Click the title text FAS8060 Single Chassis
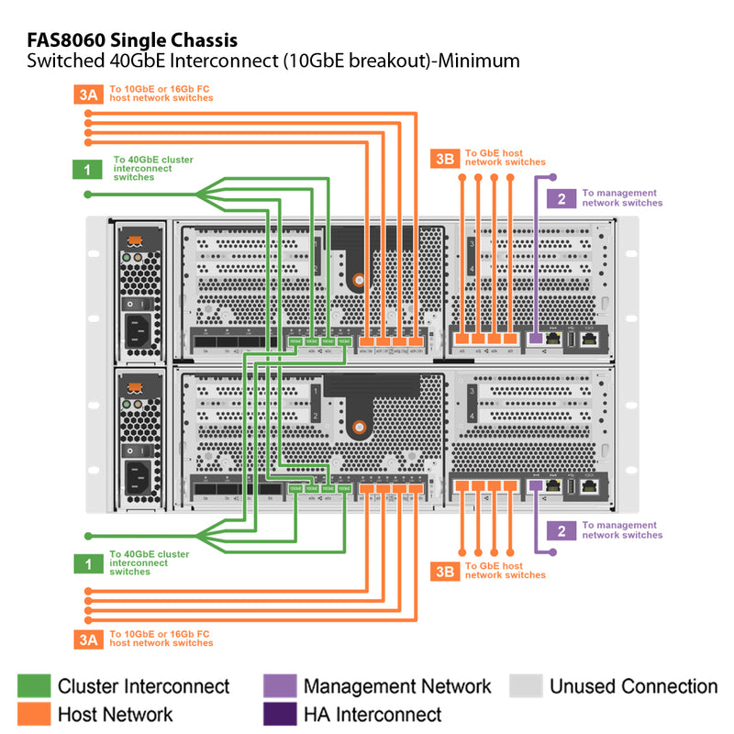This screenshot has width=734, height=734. tap(132, 40)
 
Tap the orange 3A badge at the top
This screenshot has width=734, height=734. tap(88, 93)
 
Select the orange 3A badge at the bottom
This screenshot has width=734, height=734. tap(88, 639)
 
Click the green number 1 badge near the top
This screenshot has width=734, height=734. tap(88, 169)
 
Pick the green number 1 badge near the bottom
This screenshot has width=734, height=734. tap(88, 564)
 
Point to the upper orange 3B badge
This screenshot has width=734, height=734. tap(444, 159)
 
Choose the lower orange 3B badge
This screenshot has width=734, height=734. tap(444, 572)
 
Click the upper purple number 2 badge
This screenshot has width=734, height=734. tap(561, 198)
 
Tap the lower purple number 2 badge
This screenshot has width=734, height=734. tap(561, 530)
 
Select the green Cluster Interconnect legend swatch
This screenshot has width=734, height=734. tap(34, 686)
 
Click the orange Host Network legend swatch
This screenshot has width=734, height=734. tap(34, 714)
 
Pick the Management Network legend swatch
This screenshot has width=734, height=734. tap(279, 686)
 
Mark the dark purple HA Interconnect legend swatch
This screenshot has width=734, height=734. tap(279, 714)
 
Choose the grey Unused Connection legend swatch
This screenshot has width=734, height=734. tap(525, 686)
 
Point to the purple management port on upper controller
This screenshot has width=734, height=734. tap(535, 338)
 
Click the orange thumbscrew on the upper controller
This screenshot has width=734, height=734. tap(359, 280)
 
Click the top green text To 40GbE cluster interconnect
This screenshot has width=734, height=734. tap(152, 168)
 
